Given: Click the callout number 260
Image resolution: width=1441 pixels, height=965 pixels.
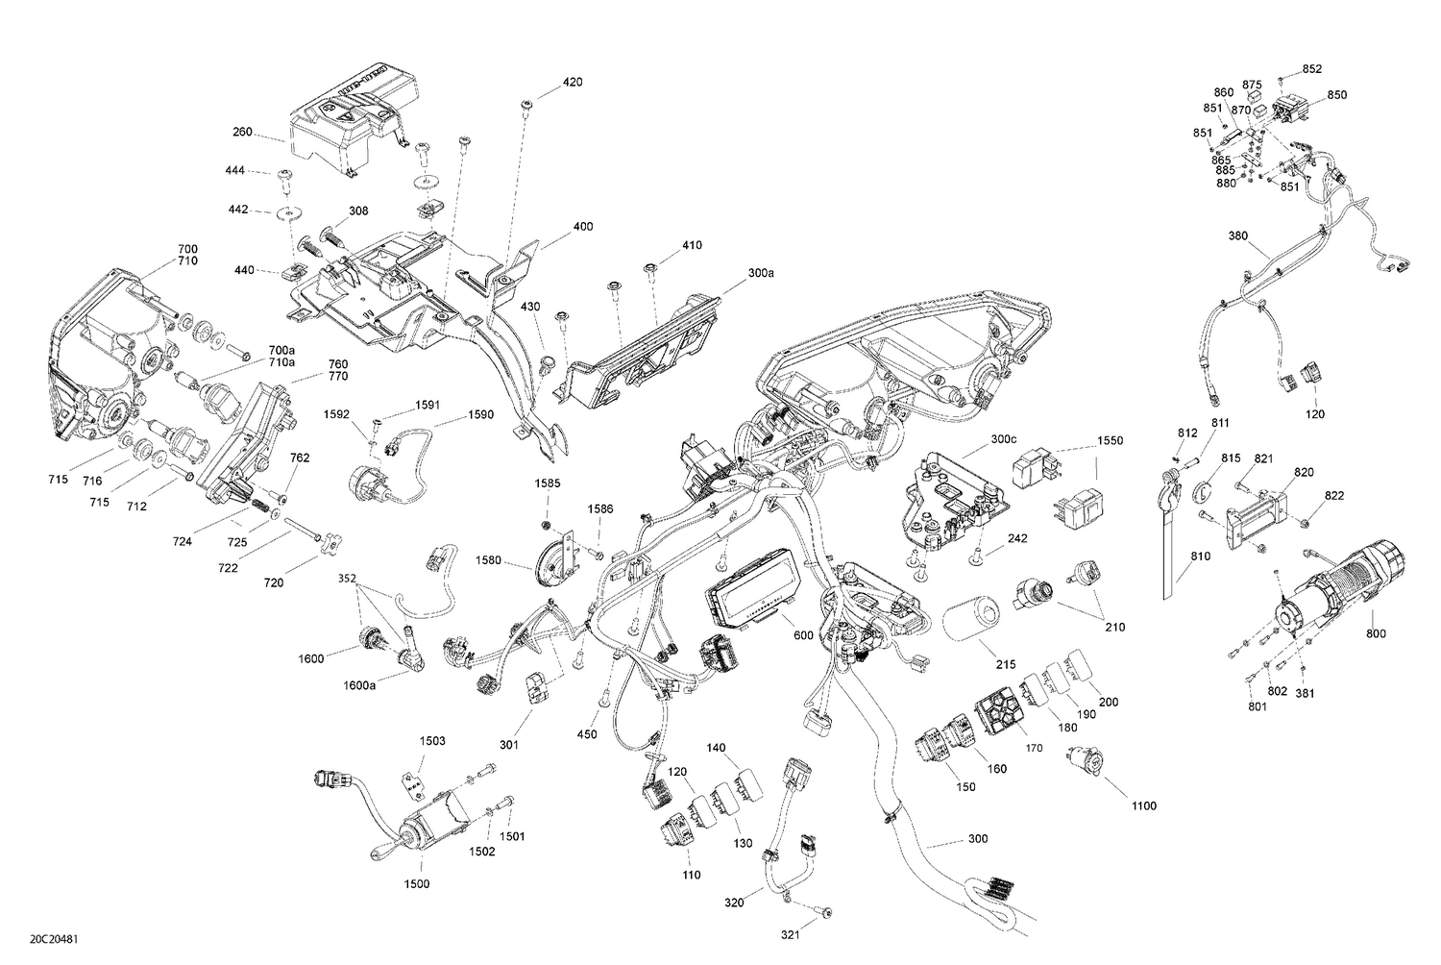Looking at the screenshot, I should (242, 132).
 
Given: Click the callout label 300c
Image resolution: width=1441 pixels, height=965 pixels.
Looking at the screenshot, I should (1003, 439).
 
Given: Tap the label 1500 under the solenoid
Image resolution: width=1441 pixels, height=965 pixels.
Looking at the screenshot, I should (417, 883).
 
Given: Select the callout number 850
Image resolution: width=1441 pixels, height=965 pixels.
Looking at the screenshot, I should (1336, 95).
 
